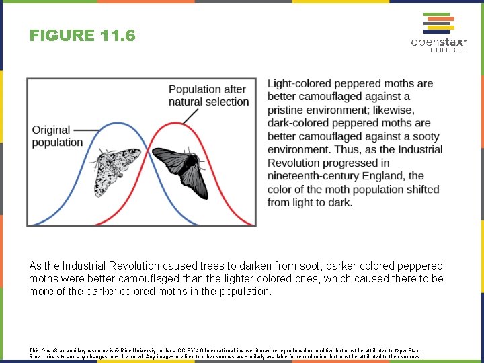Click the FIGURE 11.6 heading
click(x=82, y=35)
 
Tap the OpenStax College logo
click(x=437, y=34)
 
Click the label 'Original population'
click(x=56, y=136)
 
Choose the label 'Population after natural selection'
click(x=208, y=95)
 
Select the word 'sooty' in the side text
click(x=424, y=136)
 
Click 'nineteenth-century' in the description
click(x=313, y=176)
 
